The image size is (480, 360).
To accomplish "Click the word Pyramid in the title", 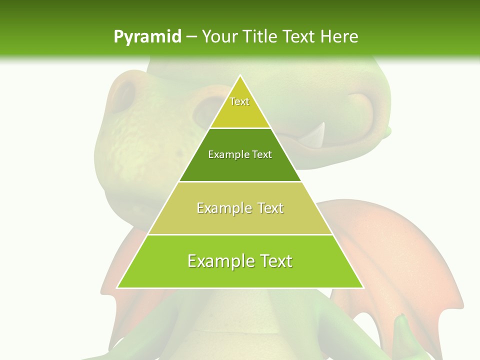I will pyautogui.click(x=147, y=37).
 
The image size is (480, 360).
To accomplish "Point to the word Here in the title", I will pyautogui.click(x=339, y=37).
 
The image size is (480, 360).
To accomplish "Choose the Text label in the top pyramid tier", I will pyautogui.click(x=239, y=101).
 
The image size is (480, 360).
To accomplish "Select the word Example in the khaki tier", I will pyautogui.click(x=222, y=208).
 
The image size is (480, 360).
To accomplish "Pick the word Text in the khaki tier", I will pyautogui.click(x=270, y=208).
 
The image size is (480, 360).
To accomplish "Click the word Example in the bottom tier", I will pyautogui.click(x=219, y=261).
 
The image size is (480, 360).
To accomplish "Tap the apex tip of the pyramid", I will pyautogui.click(x=240, y=75).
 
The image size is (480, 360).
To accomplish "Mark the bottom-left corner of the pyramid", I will pyautogui.click(x=117, y=287).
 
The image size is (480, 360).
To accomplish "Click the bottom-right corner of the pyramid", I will pyautogui.click(x=363, y=287).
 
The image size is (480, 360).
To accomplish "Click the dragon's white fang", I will pyautogui.click(x=318, y=135).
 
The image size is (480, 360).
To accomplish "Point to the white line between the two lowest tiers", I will pyautogui.click(x=240, y=234).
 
